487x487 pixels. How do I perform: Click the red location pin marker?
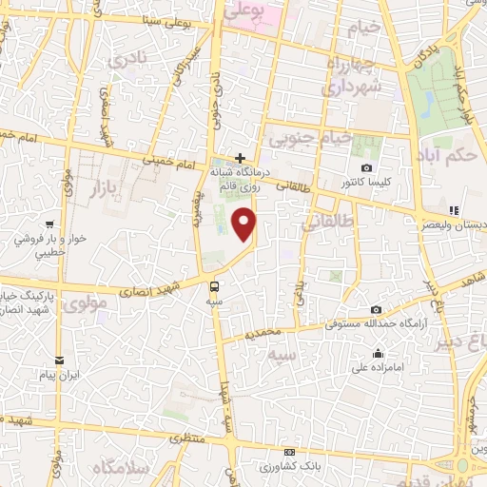[245, 224]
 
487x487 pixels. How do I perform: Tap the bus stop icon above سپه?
[215, 284]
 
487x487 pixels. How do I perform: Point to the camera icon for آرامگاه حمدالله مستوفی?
[377, 310]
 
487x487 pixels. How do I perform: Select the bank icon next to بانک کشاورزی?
[290, 452]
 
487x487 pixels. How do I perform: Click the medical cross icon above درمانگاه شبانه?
[241, 158]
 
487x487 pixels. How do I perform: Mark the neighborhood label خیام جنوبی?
[309, 138]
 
